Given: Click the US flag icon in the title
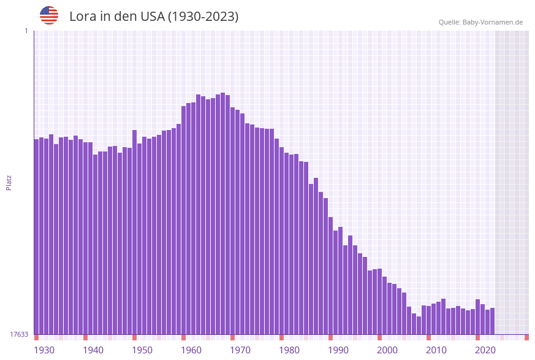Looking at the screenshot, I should [x=49, y=16].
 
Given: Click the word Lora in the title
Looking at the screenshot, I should [x=83, y=17].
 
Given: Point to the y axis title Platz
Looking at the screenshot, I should [x=9, y=182].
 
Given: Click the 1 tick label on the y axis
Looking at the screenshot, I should [x=26, y=31].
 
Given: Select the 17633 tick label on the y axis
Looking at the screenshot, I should [x=19, y=334].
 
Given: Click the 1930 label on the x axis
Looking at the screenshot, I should [x=44, y=350].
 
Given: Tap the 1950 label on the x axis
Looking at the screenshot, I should [x=142, y=350].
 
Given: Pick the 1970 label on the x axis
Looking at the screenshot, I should [x=240, y=350].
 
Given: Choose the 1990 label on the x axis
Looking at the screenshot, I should [x=338, y=350].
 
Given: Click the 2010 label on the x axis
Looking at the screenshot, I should [x=436, y=350].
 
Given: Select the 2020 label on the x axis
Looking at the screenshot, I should [x=485, y=350].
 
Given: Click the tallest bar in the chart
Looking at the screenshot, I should [x=222, y=215].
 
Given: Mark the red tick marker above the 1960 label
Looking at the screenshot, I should [x=183, y=337].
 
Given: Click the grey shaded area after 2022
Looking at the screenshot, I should [x=512, y=184].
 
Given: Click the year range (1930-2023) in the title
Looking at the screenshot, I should [x=203, y=17].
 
